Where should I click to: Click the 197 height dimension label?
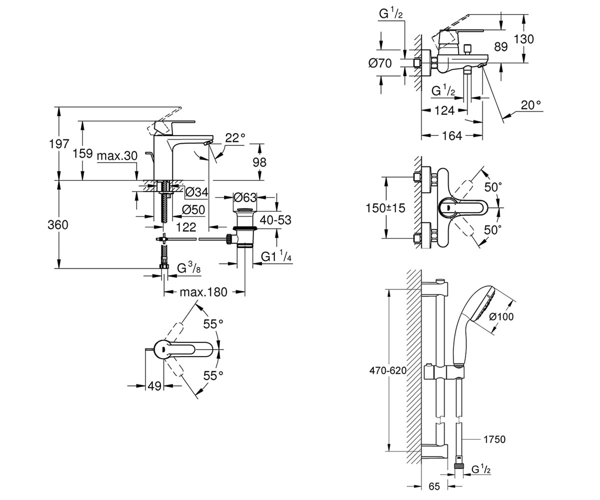click(x=59, y=144)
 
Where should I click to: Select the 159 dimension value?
click(x=82, y=153)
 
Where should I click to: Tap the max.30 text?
click(x=117, y=155)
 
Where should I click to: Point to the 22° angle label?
click(x=235, y=138)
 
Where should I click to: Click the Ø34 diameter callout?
click(x=196, y=192)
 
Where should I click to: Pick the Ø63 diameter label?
click(x=245, y=197)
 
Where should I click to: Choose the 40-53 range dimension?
click(x=275, y=220)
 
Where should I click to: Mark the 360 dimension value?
click(x=58, y=224)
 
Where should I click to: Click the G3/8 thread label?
click(x=189, y=268)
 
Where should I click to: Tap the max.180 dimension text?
click(x=203, y=292)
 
